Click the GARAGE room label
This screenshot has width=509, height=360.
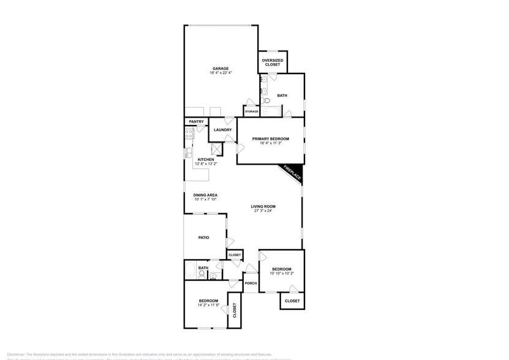coord(221,68)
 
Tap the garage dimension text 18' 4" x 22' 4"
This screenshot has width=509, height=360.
coord(221,73)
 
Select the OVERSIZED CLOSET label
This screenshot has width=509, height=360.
coord(273,62)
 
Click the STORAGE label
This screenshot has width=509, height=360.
coord(252,111)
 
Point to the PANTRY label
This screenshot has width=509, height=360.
coord(196,122)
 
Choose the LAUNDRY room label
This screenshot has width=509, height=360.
coord(222,130)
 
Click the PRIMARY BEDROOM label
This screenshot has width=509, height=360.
coord(270,139)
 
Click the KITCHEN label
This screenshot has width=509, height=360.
coord(206,160)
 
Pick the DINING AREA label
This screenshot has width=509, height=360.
coord(206,195)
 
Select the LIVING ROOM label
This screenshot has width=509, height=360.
coord(263,206)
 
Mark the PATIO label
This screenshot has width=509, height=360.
coord(204,238)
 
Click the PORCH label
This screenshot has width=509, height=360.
coord(251,283)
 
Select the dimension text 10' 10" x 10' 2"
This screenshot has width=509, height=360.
coord(282,274)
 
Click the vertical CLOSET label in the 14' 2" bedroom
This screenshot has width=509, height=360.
coord(234,310)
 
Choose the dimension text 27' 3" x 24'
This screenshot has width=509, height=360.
coord(263,211)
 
